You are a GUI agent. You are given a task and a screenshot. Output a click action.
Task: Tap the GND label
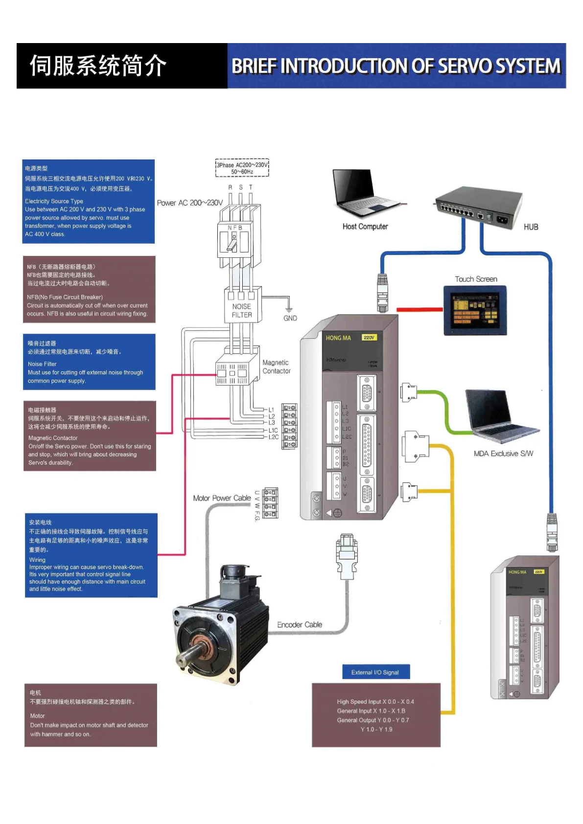tap(290, 318)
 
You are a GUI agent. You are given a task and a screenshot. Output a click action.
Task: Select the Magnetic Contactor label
tap(276, 366)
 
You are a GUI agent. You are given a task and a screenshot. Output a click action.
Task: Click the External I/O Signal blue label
tap(375, 672)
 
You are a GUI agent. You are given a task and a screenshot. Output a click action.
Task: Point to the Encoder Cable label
tap(300, 625)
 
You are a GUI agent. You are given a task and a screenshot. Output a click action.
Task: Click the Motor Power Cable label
tap(222, 498)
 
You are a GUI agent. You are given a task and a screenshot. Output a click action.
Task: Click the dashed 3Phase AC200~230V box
tap(242, 168)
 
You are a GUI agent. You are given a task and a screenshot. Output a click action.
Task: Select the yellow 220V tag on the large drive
tap(369, 338)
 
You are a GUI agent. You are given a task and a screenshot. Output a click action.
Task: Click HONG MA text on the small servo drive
tap(517, 572)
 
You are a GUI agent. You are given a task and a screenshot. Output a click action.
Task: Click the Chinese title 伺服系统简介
tap(98, 66)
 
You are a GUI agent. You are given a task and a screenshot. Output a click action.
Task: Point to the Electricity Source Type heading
tap(54, 201)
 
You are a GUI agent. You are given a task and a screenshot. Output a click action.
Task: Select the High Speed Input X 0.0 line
tap(375, 702)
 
